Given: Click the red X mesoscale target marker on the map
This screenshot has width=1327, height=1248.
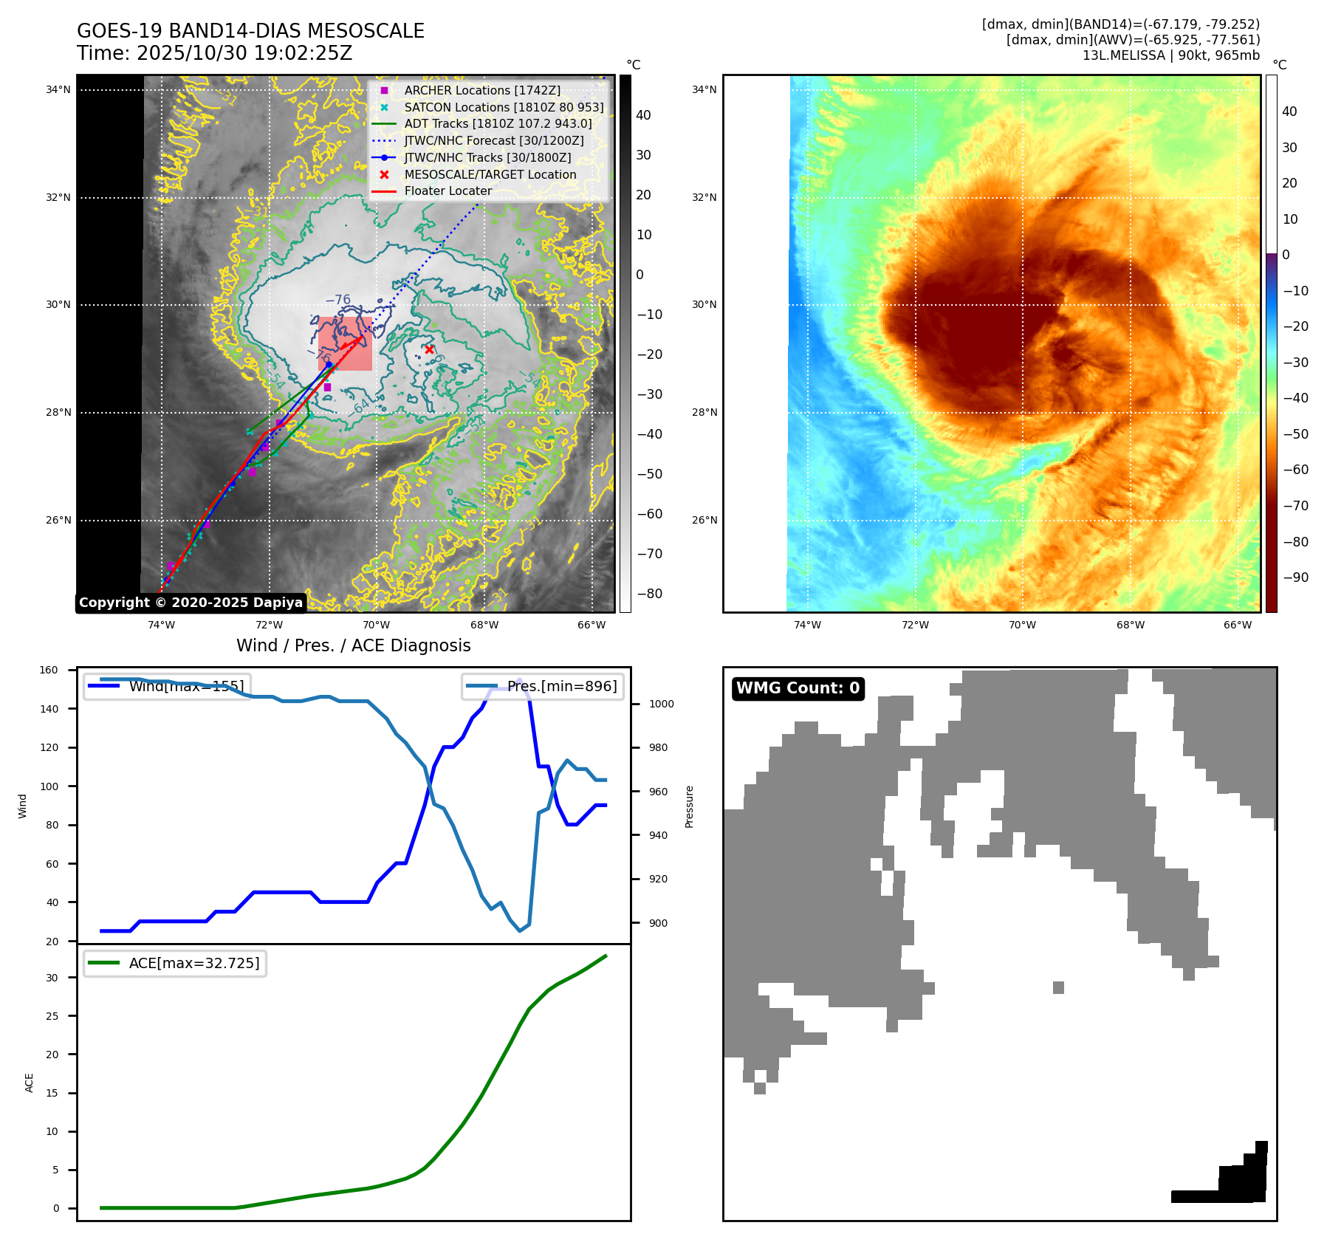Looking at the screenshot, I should click(x=429, y=349).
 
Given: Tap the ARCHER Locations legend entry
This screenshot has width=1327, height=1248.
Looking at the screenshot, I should click(x=482, y=90).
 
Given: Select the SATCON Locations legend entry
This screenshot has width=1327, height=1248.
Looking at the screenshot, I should click(x=504, y=107).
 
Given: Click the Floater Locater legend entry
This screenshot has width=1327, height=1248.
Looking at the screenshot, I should click(x=448, y=191).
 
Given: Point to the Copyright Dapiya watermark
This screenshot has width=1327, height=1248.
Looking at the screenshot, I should click(x=191, y=603).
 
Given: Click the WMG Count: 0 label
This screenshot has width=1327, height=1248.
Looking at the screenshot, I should click(x=798, y=688).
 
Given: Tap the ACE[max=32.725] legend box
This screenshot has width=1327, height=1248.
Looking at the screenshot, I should click(x=175, y=963).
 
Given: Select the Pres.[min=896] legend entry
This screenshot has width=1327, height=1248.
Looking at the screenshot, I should click(x=543, y=686).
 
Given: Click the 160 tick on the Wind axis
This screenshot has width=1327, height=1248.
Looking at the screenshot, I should click(x=49, y=671).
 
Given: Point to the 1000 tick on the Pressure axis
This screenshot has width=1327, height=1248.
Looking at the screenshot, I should click(x=661, y=704).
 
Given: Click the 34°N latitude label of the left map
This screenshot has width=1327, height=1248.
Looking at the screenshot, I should click(x=58, y=90).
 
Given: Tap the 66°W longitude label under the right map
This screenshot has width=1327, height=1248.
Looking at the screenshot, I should click(x=1238, y=625).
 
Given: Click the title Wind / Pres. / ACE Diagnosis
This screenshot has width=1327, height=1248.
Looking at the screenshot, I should click(x=353, y=645).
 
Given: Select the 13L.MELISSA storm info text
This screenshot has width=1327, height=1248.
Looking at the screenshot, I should click(x=1170, y=55).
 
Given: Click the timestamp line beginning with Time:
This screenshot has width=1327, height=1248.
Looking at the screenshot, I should click(x=214, y=53).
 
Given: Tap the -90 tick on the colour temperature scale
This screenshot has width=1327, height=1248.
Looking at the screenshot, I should click(x=1295, y=577).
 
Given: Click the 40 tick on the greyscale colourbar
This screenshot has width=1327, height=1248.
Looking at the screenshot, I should click(x=643, y=115).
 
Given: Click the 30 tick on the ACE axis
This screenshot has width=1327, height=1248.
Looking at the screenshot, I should click(x=52, y=978).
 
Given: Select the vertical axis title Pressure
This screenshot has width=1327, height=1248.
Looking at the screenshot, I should click(x=689, y=806).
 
